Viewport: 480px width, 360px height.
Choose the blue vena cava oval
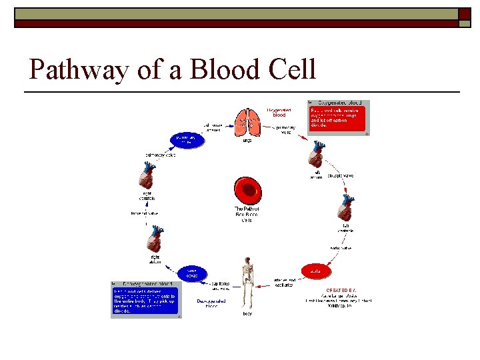coord(191,273)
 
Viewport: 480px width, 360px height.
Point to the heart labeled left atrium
coord(317,158)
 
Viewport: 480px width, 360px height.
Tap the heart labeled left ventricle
coord(345,210)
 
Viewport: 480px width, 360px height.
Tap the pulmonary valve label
coord(161,155)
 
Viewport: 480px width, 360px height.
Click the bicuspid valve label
coord(341,175)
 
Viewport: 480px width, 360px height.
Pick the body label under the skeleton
coord(247,313)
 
